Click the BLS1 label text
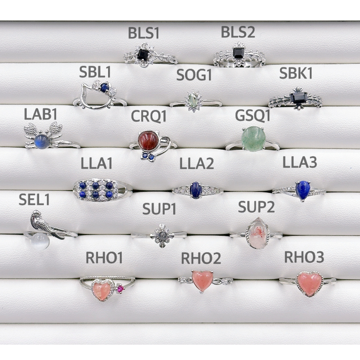point(144,34)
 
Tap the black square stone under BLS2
point(238,52)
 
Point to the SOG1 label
point(194,75)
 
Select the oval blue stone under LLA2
point(196,189)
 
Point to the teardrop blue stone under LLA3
point(303,190)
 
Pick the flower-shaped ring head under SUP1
point(161,234)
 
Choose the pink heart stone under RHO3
point(309,282)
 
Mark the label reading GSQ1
point(253,115)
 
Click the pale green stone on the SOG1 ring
point(194,101)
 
